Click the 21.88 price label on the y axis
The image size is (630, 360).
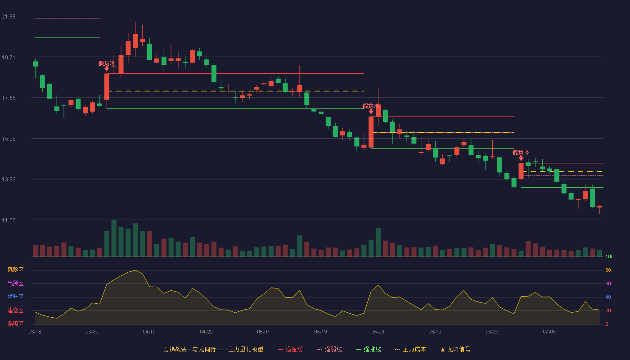coord(9,17)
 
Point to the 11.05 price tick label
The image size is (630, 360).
coord(9,220)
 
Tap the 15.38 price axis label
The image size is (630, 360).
coord(9,139)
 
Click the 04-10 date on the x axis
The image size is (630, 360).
coord(149,332)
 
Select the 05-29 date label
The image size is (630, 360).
coord(378,332)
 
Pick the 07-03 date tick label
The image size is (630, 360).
coord(549,332)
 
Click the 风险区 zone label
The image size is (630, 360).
coord(15,270)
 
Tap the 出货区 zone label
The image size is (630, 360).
coord(15,283)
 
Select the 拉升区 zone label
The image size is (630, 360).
coord(15,297)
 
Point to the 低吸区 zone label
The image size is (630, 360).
coord(15,324)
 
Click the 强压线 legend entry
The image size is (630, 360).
coord(291,349)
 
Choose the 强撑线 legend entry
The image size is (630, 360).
coord(369,349)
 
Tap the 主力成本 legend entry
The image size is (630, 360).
coord(410,349)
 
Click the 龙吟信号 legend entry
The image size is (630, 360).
coord(455,349)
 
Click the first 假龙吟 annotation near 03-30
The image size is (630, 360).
coord(107,63)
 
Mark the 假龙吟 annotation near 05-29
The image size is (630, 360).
coord(371,106)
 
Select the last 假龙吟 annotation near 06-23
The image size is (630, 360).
coord(521,153)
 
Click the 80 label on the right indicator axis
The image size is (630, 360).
coord(608,270)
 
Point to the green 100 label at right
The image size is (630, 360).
coord(609,256)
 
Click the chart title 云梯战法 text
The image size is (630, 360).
coord(175,349)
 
